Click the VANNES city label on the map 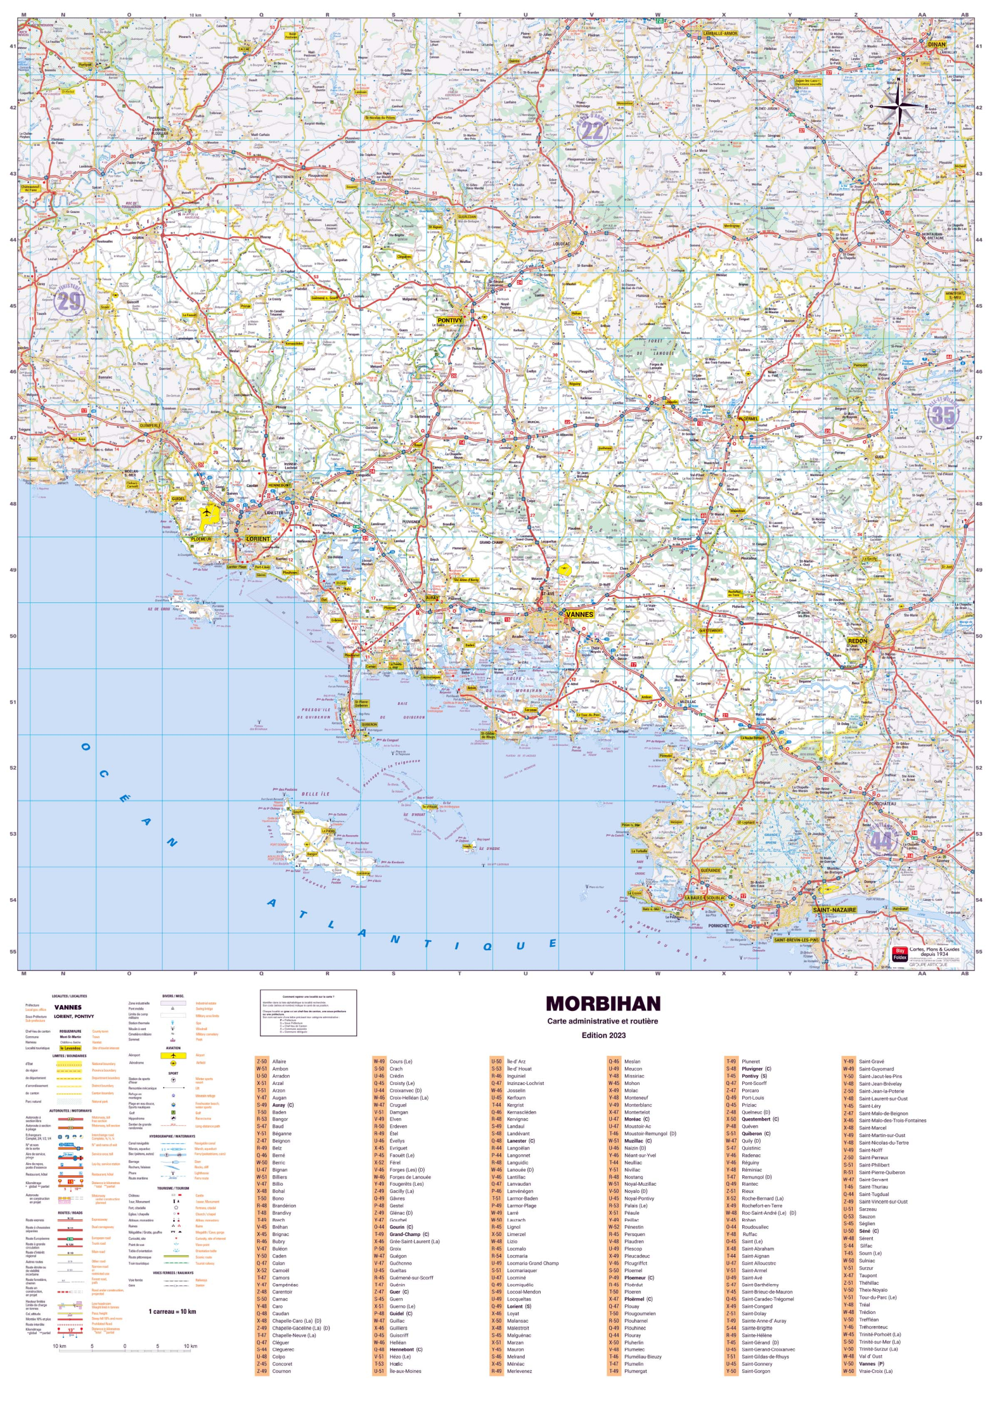point(579,614)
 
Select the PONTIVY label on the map point(450,320)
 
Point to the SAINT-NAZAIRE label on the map point(834,910)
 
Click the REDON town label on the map point(857,641)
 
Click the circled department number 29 point(68,301)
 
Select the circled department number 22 point(592,130)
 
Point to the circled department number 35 point(942,415)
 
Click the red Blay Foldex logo point(899,954)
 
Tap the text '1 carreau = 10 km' point(172,1312)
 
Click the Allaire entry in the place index point(279,1061)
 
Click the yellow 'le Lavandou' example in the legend point(70,1048)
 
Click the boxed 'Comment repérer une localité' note point(308,1013)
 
